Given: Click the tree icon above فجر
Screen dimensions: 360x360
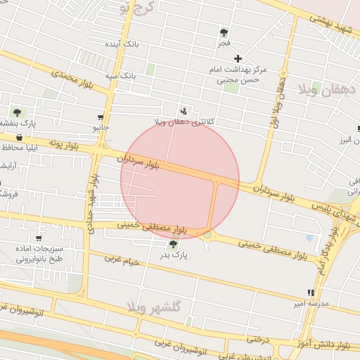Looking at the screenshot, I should click(x=224, y=32).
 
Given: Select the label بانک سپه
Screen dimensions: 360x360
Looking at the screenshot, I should click(x=120, y=75).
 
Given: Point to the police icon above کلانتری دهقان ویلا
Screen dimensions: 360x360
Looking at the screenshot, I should click(x=184, y=110).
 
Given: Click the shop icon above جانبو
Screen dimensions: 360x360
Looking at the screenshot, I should click(x=101, y=117).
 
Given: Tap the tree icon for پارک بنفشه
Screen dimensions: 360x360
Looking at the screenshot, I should click(x=16, y=112).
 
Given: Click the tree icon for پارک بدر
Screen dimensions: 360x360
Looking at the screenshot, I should click(x=173, y=244).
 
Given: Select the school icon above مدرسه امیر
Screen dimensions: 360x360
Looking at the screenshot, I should click(x=311, y=292).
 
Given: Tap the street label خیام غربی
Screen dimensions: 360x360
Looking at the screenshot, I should click(x=124, y=259).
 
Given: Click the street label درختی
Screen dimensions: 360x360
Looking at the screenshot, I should click(x=258, y=339).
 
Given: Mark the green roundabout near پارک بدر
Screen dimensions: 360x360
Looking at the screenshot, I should click(x=207, y=235).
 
